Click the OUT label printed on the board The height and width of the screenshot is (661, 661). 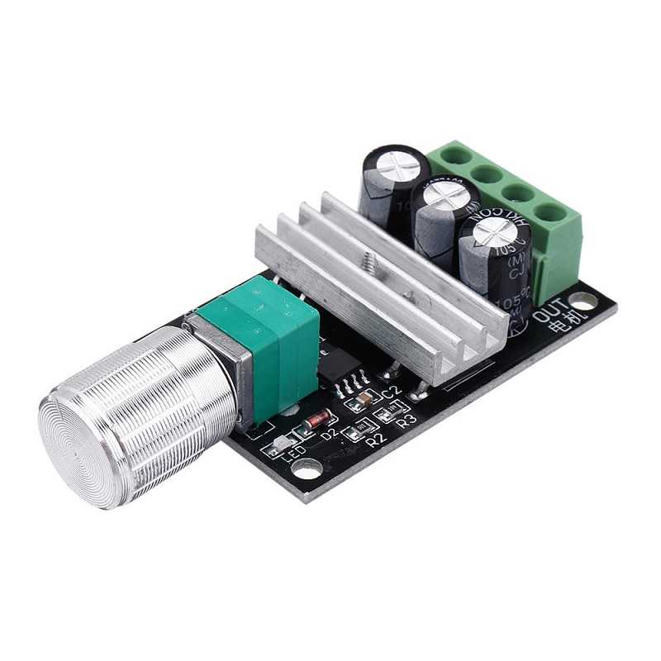(549, 313)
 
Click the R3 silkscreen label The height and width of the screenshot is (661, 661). (406, 421)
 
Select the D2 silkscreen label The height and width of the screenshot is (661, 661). (329, 432)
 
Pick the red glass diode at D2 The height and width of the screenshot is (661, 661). (316, 420)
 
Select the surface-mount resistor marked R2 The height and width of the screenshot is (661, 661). (359, 428)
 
